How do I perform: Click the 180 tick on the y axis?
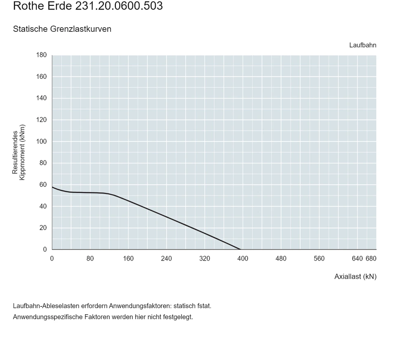click(41, 55)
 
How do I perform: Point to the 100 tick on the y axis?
click(41, 141)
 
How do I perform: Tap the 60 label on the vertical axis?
click(43, 185)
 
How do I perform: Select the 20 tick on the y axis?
click(43, 228)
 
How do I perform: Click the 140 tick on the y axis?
click(41, 98)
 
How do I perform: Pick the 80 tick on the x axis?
click(90, 259)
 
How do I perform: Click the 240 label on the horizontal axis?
click(166, 259)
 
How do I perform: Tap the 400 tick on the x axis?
click(243, 259)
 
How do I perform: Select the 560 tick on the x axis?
click(319, 259)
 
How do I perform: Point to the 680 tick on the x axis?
click(371, 259)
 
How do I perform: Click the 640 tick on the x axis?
click(357, 259)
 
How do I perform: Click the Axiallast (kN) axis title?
click(355, 277)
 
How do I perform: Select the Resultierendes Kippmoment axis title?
click(19, 152)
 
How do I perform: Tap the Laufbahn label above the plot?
click(363, 45)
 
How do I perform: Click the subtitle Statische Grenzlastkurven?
click(62, 29)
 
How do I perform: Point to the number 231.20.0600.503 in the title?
click(119, 6)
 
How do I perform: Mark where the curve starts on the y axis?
click(52, 187)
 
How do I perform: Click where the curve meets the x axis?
click(240, 249)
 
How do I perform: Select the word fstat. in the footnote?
click(205, 306)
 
